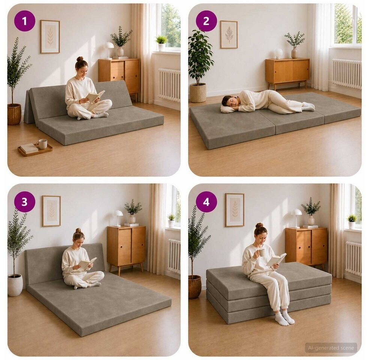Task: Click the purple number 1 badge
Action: pos(24,21)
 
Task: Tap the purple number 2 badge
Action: pos(206,21)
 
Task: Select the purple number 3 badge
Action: pos(24,202)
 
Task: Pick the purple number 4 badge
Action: pos(206,202)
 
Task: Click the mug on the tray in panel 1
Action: pos(42,144)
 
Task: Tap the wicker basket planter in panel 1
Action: pos(14,114)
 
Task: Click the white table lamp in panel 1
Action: pos(109,50)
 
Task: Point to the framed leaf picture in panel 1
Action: pos(50,36)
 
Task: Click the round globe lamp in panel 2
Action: pos(279,53)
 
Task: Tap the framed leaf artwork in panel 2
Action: pos(229,34)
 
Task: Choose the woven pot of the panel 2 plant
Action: pos(198,93)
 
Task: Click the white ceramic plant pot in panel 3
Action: pos(15,285)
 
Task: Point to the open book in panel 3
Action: pos(87,263)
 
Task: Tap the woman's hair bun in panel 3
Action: pos(78,230)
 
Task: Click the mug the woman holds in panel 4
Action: pos(261,253)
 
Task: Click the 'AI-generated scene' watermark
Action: pos(331,348)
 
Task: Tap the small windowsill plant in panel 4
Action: pos(352,221)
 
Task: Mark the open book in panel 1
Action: pos(95,96)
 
